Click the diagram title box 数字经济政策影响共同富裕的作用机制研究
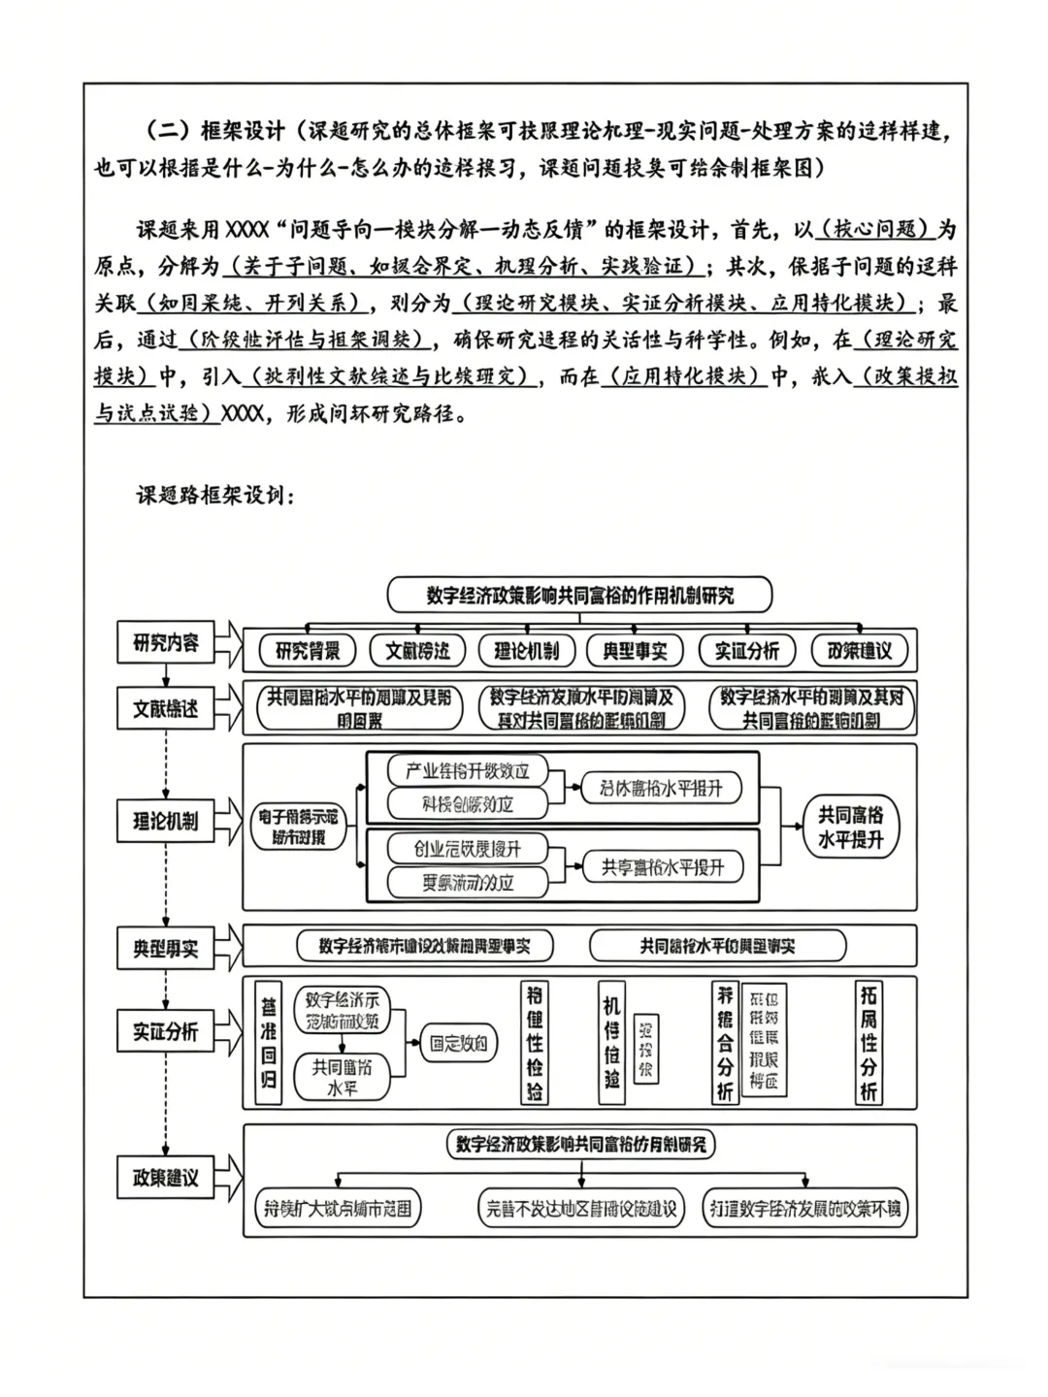click(579, 595)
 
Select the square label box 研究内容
click(165, 642)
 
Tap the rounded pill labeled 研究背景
click(308, 651)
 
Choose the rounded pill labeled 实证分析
click(746, 651)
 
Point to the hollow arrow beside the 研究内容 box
click(228, 642)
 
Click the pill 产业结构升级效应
click(467, 771)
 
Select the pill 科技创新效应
click(467, 803)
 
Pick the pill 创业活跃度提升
click(467, 849)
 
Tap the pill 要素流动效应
click(467, 882)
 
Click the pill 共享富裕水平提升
click(662, 867)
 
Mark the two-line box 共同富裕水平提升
click(850, 828)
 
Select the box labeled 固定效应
click(458, 1044)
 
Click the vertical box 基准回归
click(268, 1043)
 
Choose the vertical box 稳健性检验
click(535, 1043)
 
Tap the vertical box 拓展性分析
click(868, 1043)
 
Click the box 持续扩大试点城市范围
click(338, 1209)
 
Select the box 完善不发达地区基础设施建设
click(580, 1209)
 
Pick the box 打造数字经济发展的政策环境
click(804, 1209)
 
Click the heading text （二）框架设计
click(213, 130)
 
